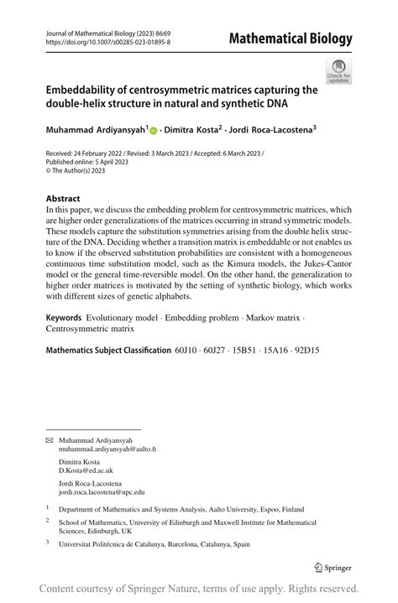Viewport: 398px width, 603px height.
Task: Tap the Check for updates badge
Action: coord(338,71)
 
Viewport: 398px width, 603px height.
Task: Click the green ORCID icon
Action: coord(154,131)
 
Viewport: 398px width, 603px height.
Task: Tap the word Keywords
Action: coord(64,319)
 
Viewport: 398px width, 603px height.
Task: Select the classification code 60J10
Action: coord(188,349)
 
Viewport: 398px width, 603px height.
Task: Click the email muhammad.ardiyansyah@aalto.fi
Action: coord(107,449)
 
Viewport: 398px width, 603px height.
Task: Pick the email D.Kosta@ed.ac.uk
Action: coord(86,470)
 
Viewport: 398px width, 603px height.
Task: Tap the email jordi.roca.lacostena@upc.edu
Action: coord(102,493)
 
